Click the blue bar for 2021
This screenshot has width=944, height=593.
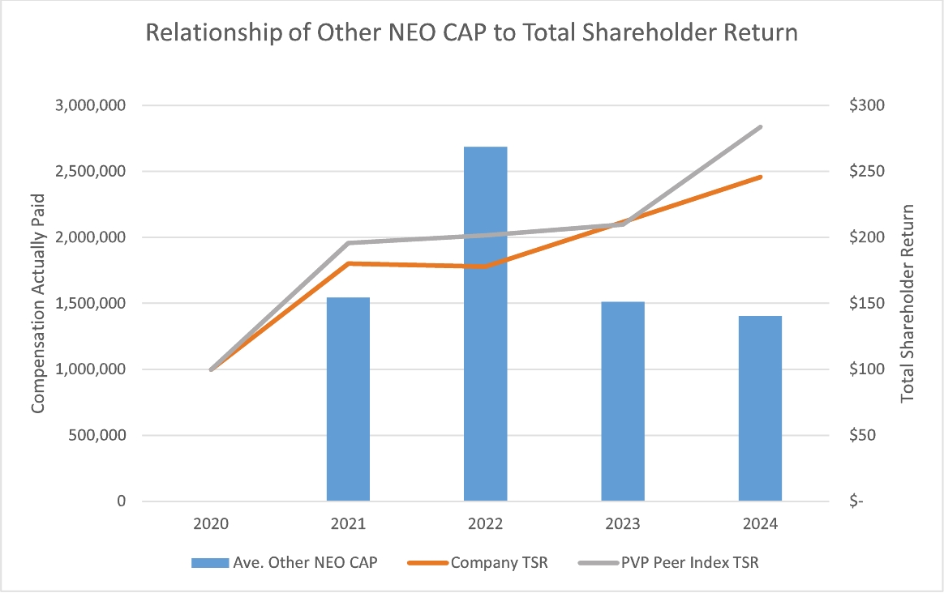point(348,399)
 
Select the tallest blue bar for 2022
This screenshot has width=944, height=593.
point(485,324)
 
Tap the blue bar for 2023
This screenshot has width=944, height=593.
point(623,401)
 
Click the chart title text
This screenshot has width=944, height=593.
point(471,33)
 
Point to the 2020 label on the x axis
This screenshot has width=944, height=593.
point(211,524)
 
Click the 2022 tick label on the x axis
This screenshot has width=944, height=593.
point(485,524)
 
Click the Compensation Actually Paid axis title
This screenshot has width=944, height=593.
point(38,303)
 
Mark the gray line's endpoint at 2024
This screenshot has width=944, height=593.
point(760,127)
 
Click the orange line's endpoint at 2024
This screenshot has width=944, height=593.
point(760,177)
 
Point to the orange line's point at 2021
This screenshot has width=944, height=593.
point(348,263)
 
